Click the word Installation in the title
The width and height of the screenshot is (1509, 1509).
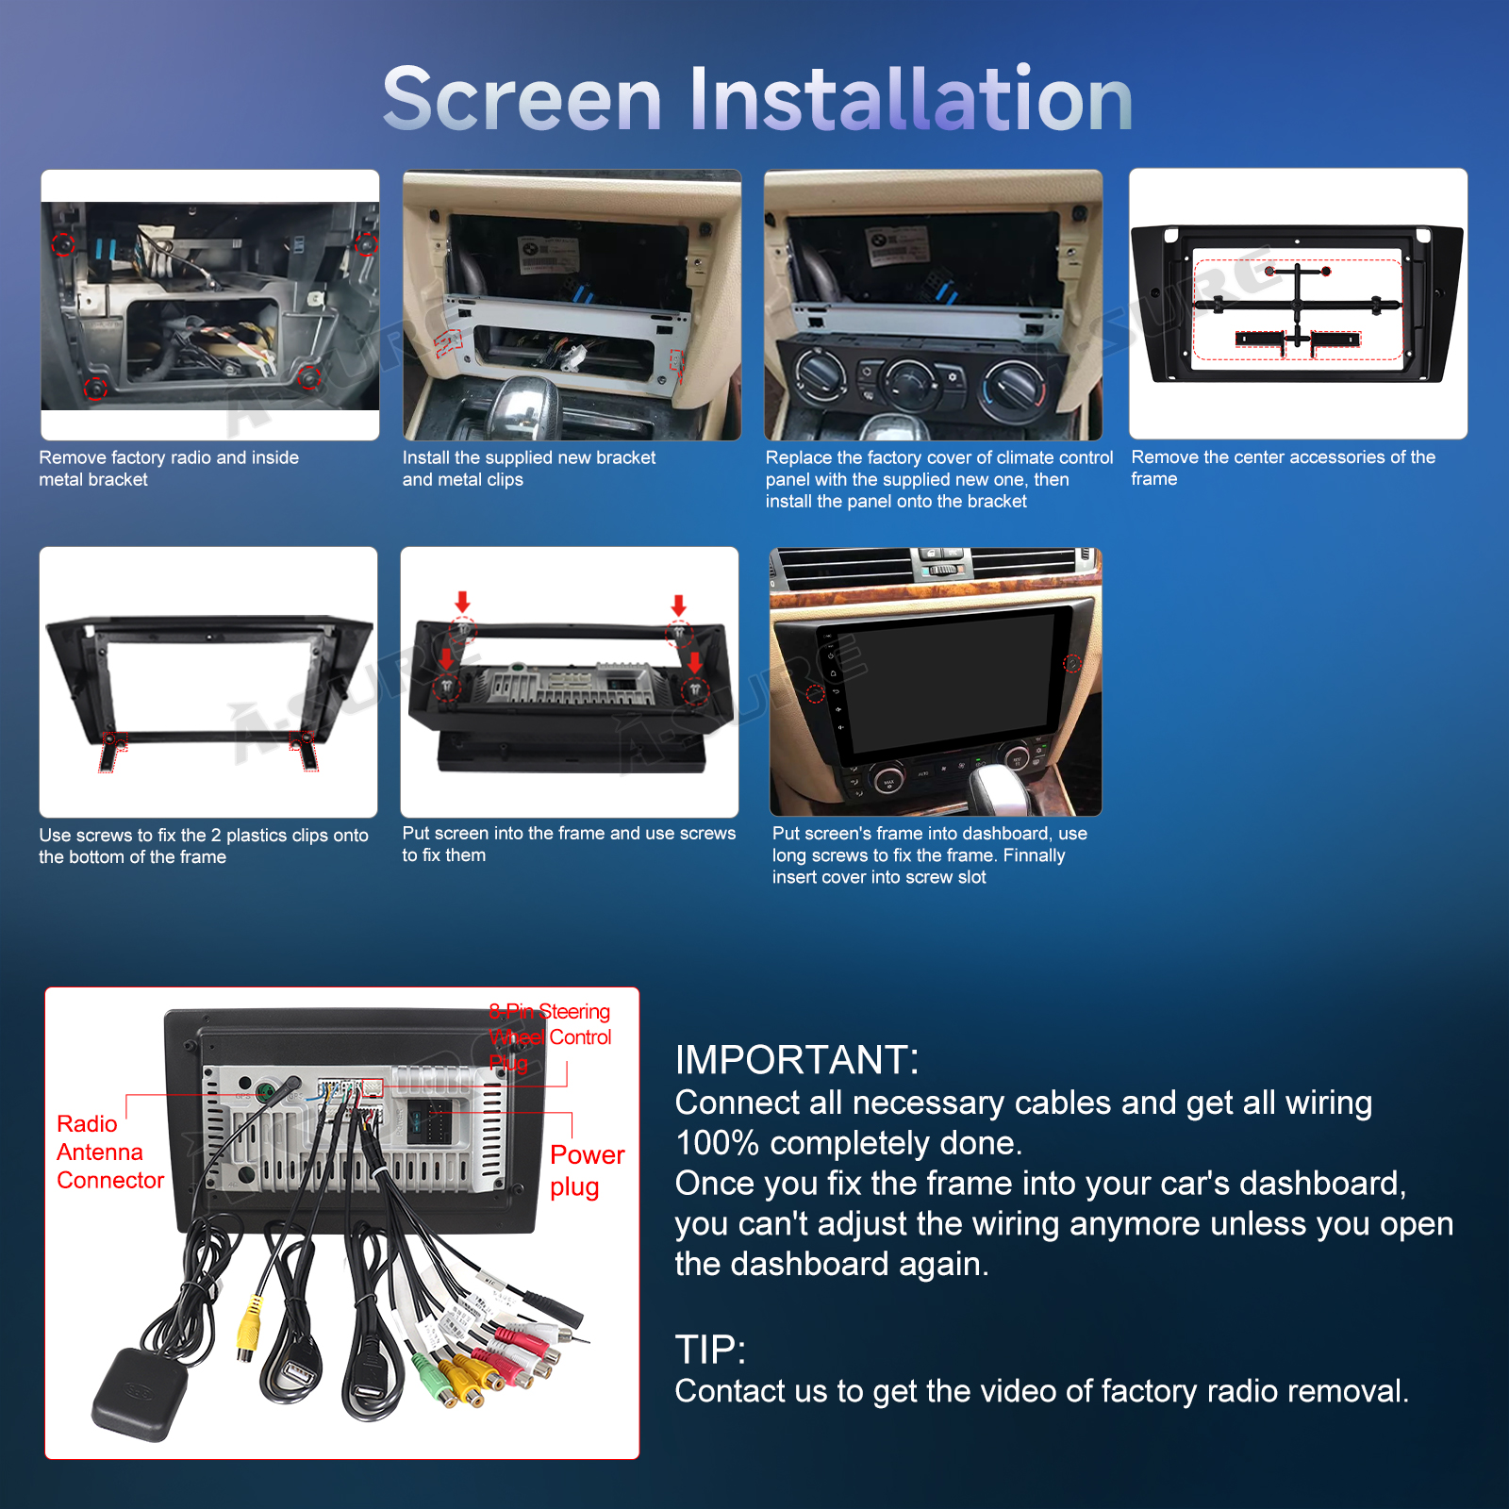[x=911, y=99]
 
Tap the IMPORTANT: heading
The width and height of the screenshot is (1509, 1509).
[x=797, y=1060]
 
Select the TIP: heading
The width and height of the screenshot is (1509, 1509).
[x=710, y=1351]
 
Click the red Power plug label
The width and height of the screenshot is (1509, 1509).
[x=587, y=1170]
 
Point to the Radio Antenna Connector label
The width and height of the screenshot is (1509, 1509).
[x=110, y=1152]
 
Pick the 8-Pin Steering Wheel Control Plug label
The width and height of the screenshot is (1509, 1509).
[x=551, y=1037]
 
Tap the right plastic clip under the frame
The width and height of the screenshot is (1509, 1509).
[x=307, y=751]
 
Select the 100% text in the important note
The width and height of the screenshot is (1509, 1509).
[x=718, y=1143]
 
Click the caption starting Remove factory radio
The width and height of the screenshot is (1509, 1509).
[x=169, y=469]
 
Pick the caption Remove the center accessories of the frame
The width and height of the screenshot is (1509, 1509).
[x=1283, y=468]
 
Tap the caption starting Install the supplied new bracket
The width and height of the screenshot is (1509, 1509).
[x=529, y=469]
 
